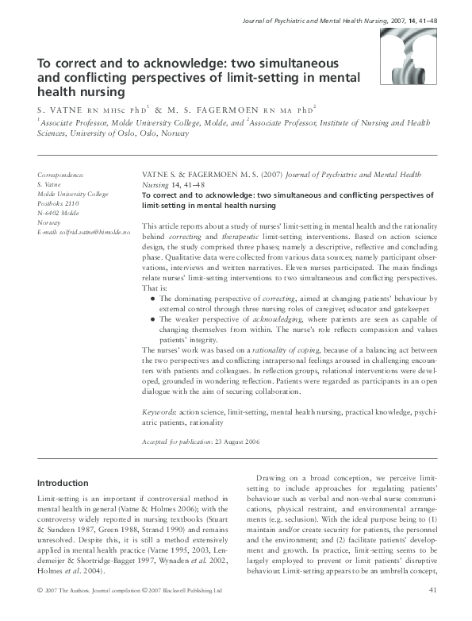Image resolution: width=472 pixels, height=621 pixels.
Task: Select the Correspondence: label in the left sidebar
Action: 60,174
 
